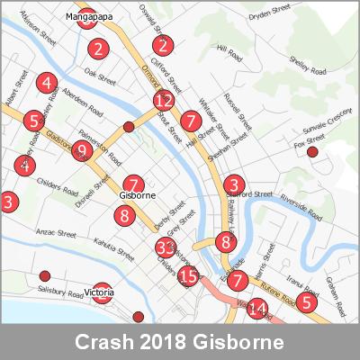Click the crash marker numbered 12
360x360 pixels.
pos(163,101)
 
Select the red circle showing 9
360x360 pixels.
pos(82,151)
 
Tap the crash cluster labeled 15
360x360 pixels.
pos(187,276)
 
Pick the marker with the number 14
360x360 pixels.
pos(257,310)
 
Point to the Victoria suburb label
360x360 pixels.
pos(102,292)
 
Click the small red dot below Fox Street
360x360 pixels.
pos(312,153)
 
